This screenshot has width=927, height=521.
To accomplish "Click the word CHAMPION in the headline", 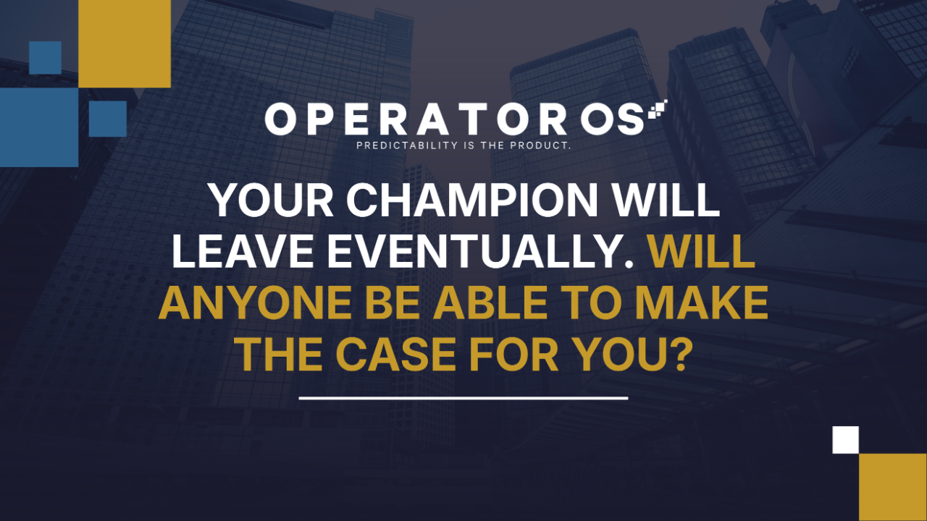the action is click(x=472, y=200).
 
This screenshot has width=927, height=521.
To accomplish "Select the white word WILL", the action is click(x=666, y=200).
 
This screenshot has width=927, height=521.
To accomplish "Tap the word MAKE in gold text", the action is click(x=702, y=303).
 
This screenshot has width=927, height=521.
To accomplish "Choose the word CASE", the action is click(x=395, y=355).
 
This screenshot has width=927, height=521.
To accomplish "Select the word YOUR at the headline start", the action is click(x=272, y=200).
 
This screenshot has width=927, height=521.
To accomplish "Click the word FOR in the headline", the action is click(x=514, y=355).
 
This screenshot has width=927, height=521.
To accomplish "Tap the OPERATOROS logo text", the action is click(x=454, y=119).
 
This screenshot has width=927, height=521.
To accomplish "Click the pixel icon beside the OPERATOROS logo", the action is click(x=658, y=109).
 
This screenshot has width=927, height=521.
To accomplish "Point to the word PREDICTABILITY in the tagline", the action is click(x=407, y=145).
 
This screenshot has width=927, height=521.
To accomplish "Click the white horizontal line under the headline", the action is click(x=463, y=398).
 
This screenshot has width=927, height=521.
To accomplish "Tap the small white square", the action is click(x=845, y=440).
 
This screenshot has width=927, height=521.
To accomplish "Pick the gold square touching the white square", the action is click(x=893, y=487).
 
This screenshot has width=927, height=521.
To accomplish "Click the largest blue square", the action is click(x=39, y=127).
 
